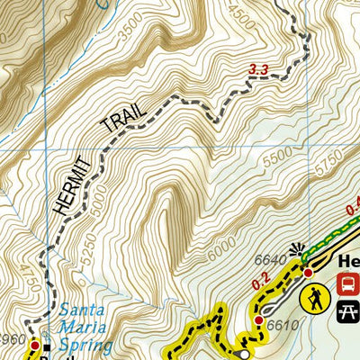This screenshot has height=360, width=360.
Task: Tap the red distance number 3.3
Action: click(257, 68)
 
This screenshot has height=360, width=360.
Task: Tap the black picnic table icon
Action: click(347, 311)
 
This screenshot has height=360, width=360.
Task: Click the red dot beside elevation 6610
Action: click(258, 320)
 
